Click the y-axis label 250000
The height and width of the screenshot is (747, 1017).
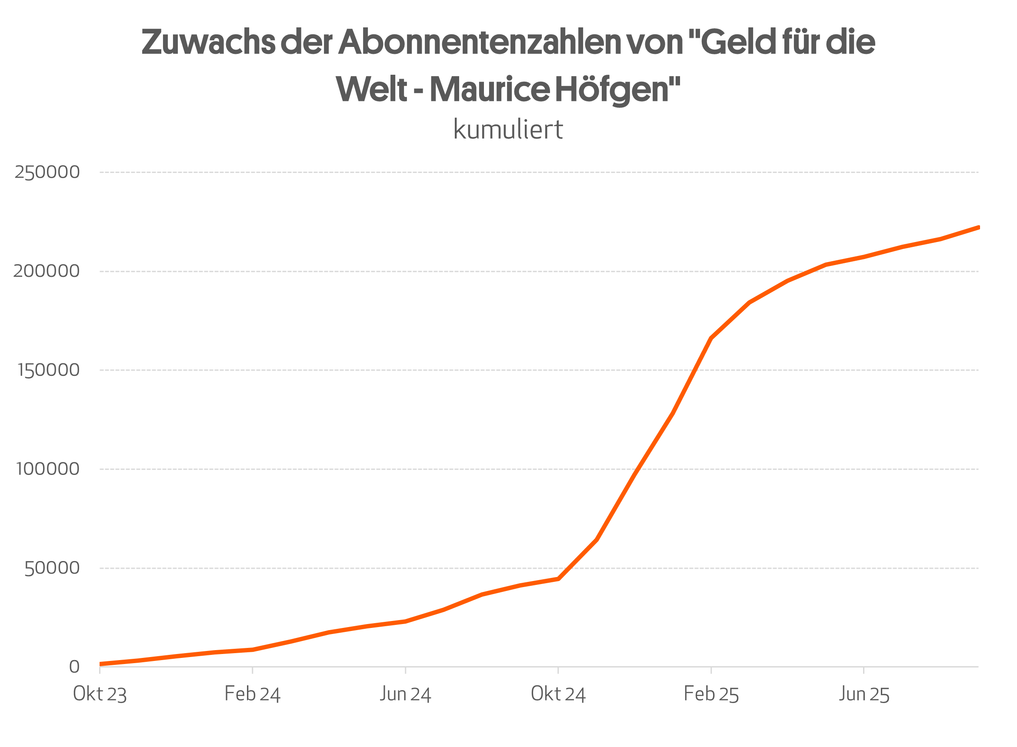(x=47, y=172)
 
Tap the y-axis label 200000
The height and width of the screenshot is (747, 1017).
(x=46, y=271)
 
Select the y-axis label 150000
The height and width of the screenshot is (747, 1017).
(x=48, y=370)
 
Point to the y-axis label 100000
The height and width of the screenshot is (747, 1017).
(x=48, y=469)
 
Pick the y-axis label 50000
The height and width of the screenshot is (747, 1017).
(x=52, y=568)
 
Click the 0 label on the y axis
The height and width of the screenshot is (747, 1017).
(x=74, y=667)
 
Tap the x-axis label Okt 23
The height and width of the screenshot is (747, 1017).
(x=100, y=694)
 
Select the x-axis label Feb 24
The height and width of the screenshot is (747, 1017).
(x=253, y=694)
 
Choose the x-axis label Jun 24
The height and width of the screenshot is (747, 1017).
(x=405, y=694)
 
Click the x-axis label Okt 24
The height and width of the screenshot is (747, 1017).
(x=558, y=694)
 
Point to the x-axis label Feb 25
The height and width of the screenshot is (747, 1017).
(x=711, y=694)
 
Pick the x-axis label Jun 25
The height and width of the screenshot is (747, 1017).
(x=864, y=694)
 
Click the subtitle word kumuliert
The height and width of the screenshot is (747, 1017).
(x=508, y=129)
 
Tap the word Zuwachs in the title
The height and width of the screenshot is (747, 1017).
(x=208, y=42)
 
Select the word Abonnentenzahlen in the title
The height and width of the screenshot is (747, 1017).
(x=480, y=42)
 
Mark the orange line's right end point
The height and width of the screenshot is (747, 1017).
(x=979, y=227)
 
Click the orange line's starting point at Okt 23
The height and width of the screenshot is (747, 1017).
(x=100, y=664)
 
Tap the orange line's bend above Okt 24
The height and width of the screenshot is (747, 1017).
(x=559, y=579)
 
